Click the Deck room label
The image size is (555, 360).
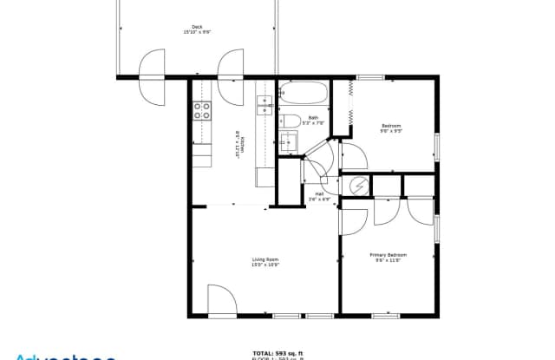197,26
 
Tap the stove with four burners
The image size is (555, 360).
202,110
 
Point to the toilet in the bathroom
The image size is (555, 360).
291,121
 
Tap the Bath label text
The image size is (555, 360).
313,117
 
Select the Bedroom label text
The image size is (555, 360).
391,126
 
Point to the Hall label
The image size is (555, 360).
319,193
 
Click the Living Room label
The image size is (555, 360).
264,259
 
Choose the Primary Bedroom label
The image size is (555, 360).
388,254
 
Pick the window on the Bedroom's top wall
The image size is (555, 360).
371,78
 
